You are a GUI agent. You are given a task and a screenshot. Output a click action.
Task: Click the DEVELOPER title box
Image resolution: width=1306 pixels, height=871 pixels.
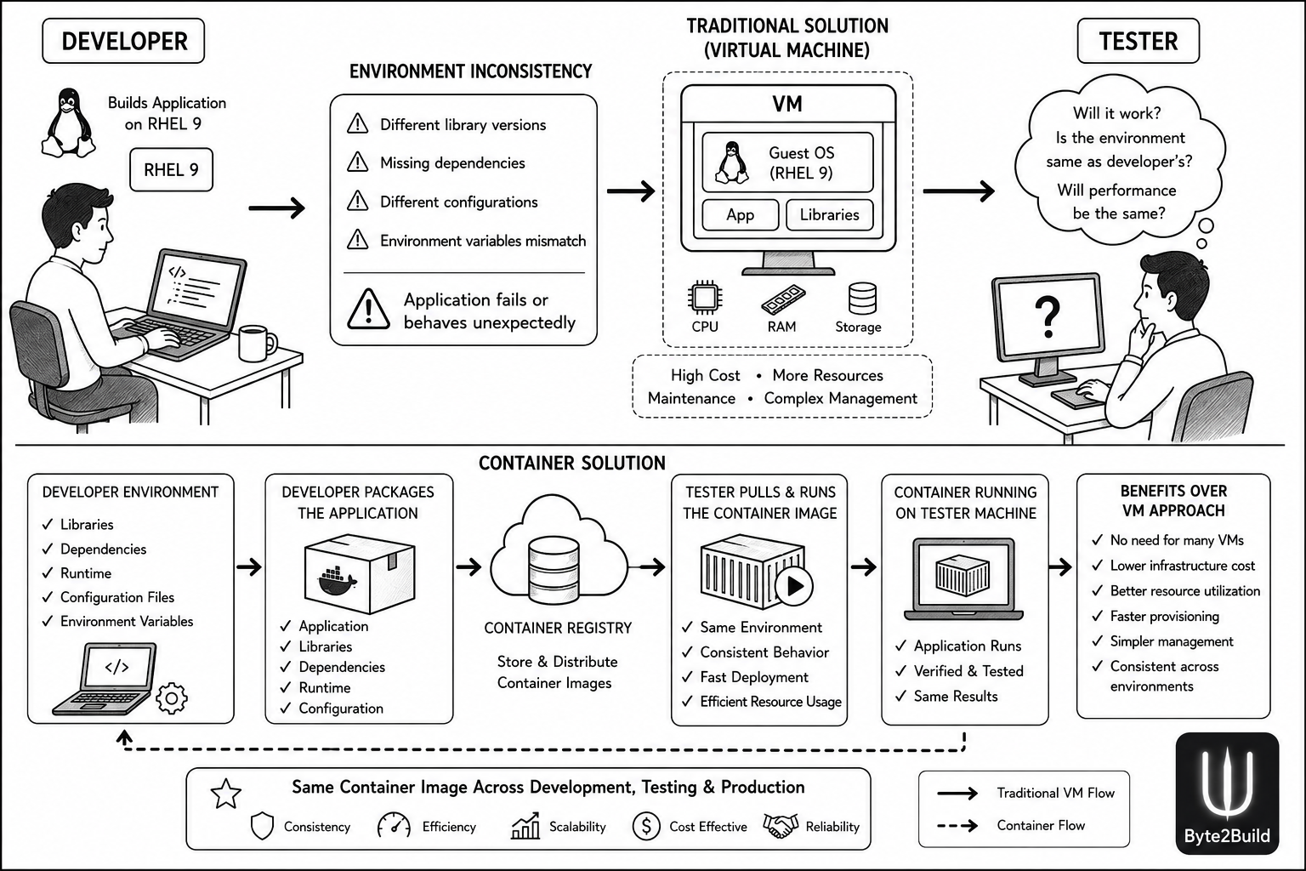tap(123, 41)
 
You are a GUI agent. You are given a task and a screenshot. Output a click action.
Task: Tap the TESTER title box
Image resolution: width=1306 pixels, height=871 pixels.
tap(1138, 41)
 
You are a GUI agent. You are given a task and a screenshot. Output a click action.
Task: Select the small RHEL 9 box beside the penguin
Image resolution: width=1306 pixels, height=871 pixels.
tap(172, 170)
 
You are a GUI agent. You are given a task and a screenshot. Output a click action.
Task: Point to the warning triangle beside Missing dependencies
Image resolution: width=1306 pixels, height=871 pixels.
tap(357, 162)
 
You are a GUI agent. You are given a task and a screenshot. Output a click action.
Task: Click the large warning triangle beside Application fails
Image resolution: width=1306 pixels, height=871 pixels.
tap(368, 310)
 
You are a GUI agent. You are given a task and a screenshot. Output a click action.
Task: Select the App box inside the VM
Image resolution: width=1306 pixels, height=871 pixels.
tap(741, 214)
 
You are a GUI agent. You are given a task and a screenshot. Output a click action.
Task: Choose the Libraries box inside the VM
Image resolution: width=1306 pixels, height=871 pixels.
tap(830, 214)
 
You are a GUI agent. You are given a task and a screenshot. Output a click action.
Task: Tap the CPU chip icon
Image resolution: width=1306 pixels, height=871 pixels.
tap(705, 298)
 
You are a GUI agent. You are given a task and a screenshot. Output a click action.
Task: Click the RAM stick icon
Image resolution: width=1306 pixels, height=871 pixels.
tap(783, 299)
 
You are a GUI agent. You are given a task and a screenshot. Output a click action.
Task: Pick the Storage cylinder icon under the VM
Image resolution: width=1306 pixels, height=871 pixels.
tap(862, 298)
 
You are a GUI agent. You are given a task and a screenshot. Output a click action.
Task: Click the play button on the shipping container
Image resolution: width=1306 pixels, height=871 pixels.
tap(794, 586)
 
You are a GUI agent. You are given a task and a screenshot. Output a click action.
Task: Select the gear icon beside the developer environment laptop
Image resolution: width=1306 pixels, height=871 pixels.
tap(172, 698)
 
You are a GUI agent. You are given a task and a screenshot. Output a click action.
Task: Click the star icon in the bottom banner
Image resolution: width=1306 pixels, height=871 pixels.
tap(225, 794)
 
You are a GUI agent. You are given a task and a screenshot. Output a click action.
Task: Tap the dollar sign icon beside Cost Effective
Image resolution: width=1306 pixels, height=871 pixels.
tap(646, 826)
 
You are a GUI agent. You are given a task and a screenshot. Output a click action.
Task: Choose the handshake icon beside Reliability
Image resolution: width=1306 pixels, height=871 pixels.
tap(781, 826)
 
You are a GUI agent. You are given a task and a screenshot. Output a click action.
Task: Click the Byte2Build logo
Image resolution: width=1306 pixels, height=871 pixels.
tap(1227, 794)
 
